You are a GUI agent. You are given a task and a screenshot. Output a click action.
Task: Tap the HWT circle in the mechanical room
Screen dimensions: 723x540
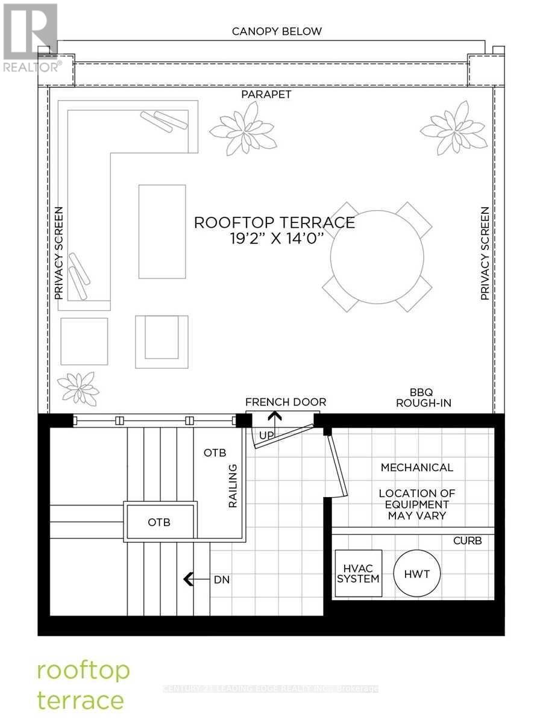click(x=417, y=574)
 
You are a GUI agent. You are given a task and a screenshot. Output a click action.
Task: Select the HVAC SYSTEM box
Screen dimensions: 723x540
click(x=358, y=574)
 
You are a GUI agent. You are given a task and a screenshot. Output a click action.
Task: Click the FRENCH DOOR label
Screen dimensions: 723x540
click(x=285, y=402)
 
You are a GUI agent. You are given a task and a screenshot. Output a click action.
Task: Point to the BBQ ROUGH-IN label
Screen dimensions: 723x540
click(x=424, y=397)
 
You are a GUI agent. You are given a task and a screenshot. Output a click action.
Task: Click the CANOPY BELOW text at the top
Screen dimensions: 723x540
click(x=277, y=31)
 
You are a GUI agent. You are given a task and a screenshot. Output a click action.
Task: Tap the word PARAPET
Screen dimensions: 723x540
click(x=266, y=95)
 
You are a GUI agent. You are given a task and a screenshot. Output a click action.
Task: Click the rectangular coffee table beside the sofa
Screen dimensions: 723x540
click(x=162, y=231)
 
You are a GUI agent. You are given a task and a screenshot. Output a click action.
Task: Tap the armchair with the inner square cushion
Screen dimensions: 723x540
click(x=161, y=341)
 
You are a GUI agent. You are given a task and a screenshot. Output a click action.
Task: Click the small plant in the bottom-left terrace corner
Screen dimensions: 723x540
click(x=78, y=387)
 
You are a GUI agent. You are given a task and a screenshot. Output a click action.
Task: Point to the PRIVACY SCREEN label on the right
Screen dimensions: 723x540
click(x=485, y=253)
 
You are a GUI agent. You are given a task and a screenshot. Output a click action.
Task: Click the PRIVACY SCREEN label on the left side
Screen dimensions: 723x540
click(x=58, y=253)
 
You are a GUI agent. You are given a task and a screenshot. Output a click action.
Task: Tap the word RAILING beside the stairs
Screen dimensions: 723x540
click(x=233, y=486)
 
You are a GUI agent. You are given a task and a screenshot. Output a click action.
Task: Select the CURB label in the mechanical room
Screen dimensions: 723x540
click(x=467, y=540)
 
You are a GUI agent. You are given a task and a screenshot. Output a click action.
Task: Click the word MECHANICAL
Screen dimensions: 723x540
click(x=416, y=467)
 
